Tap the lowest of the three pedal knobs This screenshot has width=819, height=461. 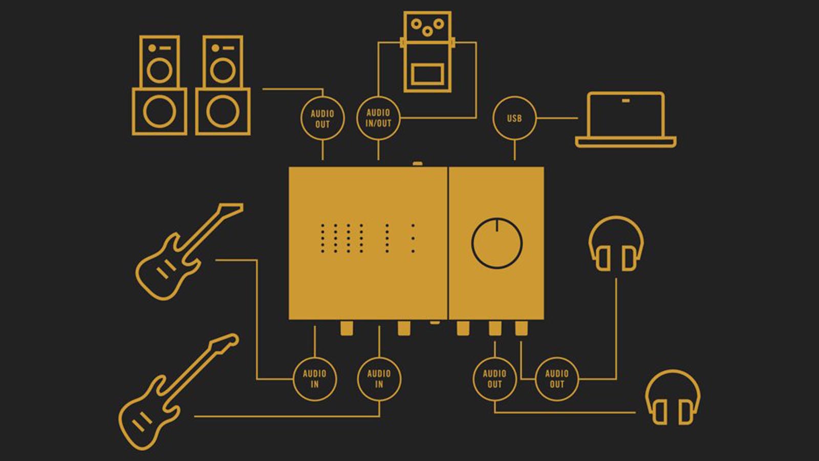click(x=427, y=31)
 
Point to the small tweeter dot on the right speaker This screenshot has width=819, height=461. click(x=215, y=48)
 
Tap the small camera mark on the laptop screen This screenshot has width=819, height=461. click(x=626, y=100)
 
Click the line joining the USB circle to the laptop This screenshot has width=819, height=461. click(x=557, y=118)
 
